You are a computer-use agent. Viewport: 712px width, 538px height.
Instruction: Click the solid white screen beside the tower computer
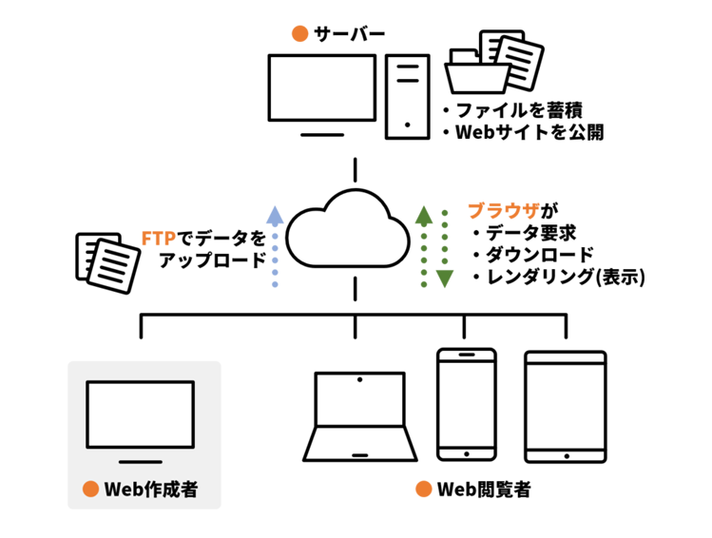pyautogui.click(x=321, y=87)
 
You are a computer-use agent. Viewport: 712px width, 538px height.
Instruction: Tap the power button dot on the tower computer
pyautogui.click(x=407, y=125)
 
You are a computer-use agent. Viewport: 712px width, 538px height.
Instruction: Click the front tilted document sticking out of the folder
pyautogui.click(x=521, y=64)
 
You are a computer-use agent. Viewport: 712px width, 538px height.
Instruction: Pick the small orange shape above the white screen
pyautogui.click(x=293, y=35)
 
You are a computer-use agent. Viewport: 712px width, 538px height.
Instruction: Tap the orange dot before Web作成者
pyautogui.click(x=90, y=490)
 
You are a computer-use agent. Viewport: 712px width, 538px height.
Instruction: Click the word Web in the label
pyautogui.click(x=123, y=490)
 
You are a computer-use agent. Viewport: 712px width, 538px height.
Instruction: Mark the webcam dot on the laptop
pyautogui.click(x=358, y=381)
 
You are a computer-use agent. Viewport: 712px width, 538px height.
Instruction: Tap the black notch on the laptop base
pyautogui.click(x=358, y=454)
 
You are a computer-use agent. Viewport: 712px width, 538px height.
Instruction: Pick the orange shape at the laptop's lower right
pyautogui.click(x=411, y=490)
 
